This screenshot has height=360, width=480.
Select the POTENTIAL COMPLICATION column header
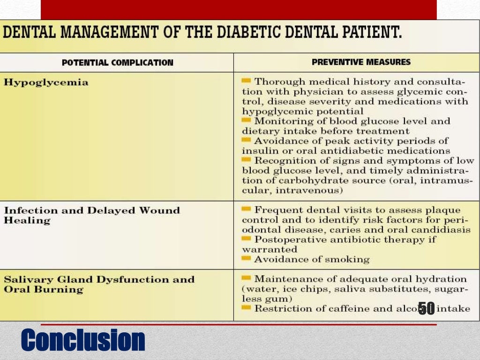[118, 62]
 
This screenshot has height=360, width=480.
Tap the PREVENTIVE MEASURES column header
[361, 62]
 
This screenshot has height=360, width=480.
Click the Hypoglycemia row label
[46, 82]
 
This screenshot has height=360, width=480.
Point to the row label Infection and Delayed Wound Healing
[92, 215]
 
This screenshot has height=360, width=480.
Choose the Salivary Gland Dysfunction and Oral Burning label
[99, 284]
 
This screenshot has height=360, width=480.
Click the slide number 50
[426, 308]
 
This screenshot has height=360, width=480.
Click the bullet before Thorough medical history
[247, 81]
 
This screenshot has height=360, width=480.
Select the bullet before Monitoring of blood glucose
[247, 120]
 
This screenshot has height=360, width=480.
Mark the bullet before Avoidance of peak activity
[247, 140]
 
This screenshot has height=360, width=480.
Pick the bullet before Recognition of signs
[247, 160]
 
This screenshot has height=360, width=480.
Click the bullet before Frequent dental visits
[247, 209]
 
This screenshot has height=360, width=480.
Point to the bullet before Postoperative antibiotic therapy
[247, 239]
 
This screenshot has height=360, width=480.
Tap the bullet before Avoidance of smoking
[247, 258]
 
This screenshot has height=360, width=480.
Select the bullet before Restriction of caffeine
[247, 307]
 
